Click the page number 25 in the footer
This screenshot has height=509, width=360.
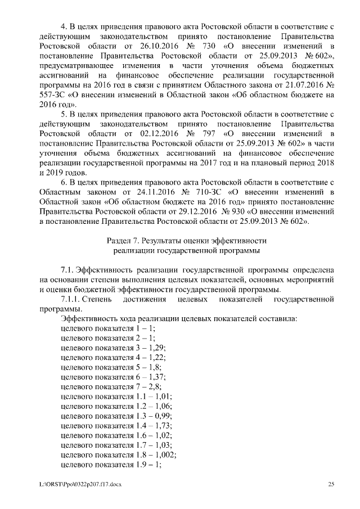coord(331,484)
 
